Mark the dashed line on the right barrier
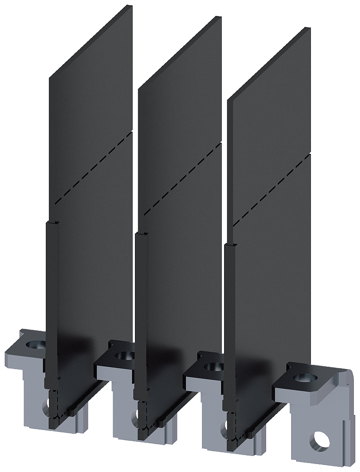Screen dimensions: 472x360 272,189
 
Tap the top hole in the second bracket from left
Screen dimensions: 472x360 124,355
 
